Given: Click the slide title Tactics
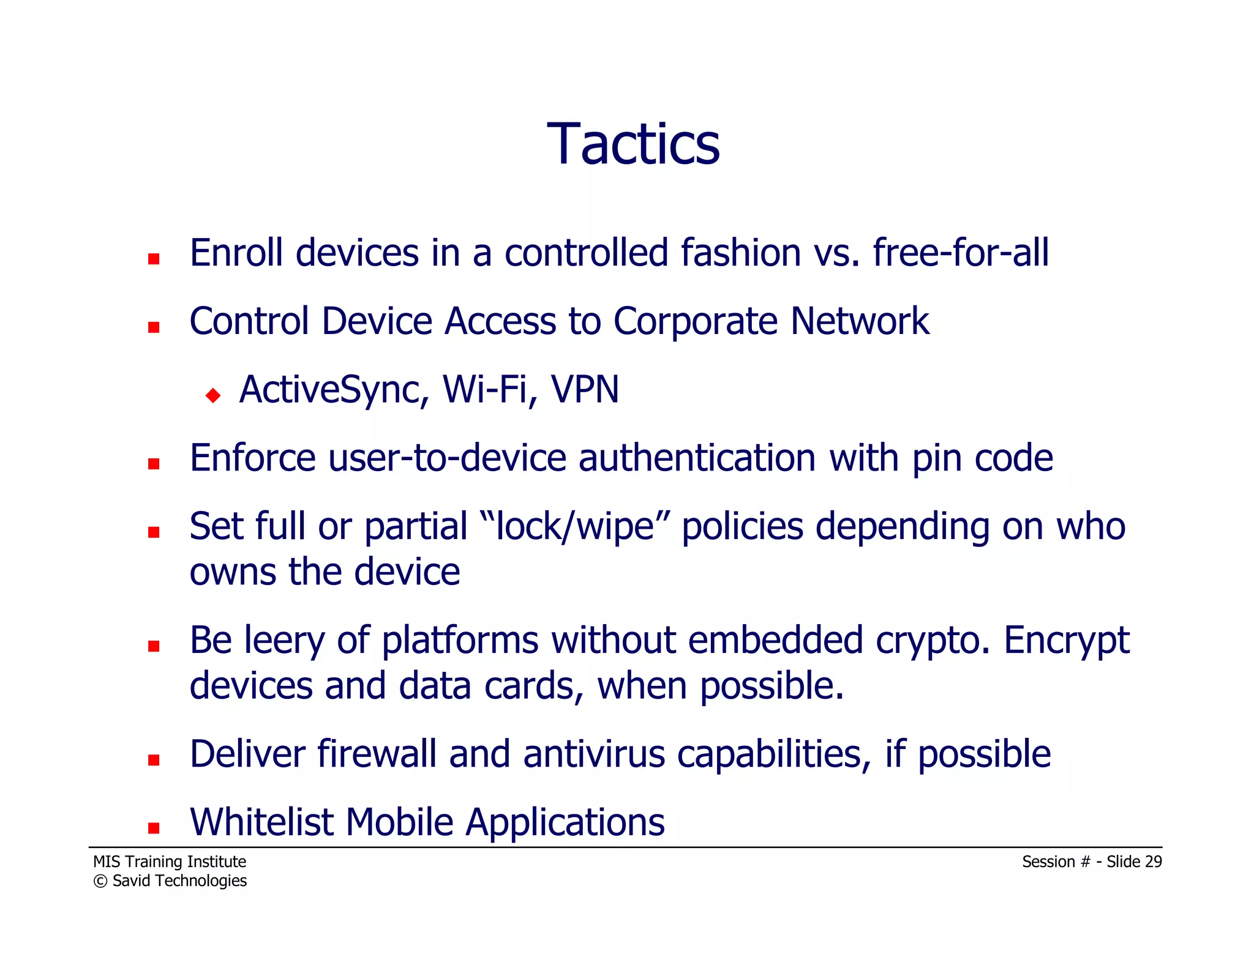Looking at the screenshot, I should pos(633,144).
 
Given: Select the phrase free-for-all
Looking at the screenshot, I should pos(960,253).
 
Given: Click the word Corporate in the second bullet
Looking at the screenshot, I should pos(695,321).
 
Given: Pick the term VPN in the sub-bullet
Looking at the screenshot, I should pos(585,390).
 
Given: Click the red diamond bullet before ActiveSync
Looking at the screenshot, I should pos(213,395).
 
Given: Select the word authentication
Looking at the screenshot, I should pos(697,458).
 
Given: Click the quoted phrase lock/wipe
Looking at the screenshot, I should pos(576,527).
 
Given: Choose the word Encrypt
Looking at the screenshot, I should pos(1066,641).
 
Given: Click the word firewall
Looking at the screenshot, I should pos(377,754).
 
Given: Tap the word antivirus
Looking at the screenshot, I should pos(593,754).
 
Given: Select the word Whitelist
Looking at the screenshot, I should pos(261,822).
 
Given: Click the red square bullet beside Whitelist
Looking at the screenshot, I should pos(154,828).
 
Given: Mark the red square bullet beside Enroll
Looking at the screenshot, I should pos(154,259).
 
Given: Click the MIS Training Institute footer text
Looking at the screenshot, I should pos(170,862).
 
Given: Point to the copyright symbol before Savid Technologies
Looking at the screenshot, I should pos(100,882).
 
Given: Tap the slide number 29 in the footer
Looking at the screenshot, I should pos(1153,862).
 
